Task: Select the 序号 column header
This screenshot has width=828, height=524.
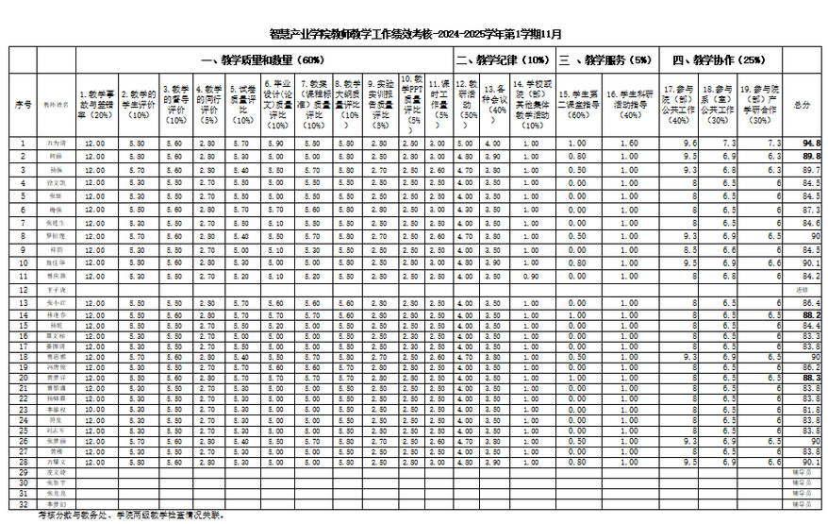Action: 24,104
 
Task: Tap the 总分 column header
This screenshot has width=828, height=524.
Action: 803,104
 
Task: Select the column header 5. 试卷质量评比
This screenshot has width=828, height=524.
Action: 242,104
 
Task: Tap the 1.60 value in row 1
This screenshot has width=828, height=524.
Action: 631,143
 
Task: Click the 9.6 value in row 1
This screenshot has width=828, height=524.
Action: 690,143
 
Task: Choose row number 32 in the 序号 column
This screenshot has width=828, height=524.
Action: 24,504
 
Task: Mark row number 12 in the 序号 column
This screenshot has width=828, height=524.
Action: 24,288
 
